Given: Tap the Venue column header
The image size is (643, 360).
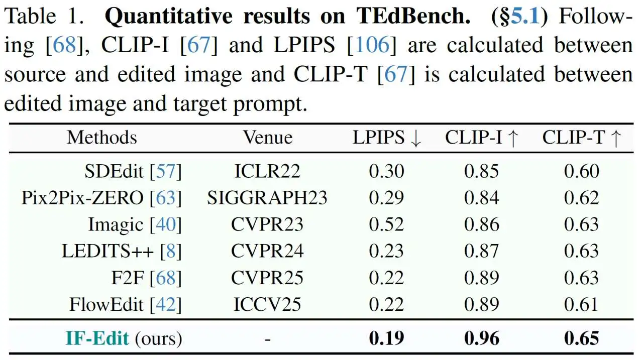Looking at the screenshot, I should point(267,138).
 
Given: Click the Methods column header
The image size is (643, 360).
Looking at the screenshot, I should point(101,138).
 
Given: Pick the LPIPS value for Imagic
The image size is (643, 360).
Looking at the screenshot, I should point(386,224).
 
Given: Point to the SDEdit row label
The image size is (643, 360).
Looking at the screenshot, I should point(133,172).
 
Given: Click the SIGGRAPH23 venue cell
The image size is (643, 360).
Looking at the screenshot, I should point(267,198).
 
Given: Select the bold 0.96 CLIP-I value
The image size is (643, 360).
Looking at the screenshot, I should point(482,338).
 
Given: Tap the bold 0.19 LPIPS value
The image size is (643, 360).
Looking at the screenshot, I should point(386,338).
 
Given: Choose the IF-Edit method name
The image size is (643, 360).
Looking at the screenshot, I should point(97,338).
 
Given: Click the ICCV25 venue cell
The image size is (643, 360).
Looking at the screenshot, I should point(267,304).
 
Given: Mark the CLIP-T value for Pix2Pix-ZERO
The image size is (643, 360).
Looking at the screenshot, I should point(582,198).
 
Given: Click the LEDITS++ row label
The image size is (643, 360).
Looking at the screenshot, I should point(122,251).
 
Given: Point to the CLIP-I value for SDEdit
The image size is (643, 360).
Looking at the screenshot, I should point(482,172).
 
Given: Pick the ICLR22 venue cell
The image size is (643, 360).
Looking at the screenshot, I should point(267,172).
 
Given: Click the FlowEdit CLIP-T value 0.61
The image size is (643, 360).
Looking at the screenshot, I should point(582,304).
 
